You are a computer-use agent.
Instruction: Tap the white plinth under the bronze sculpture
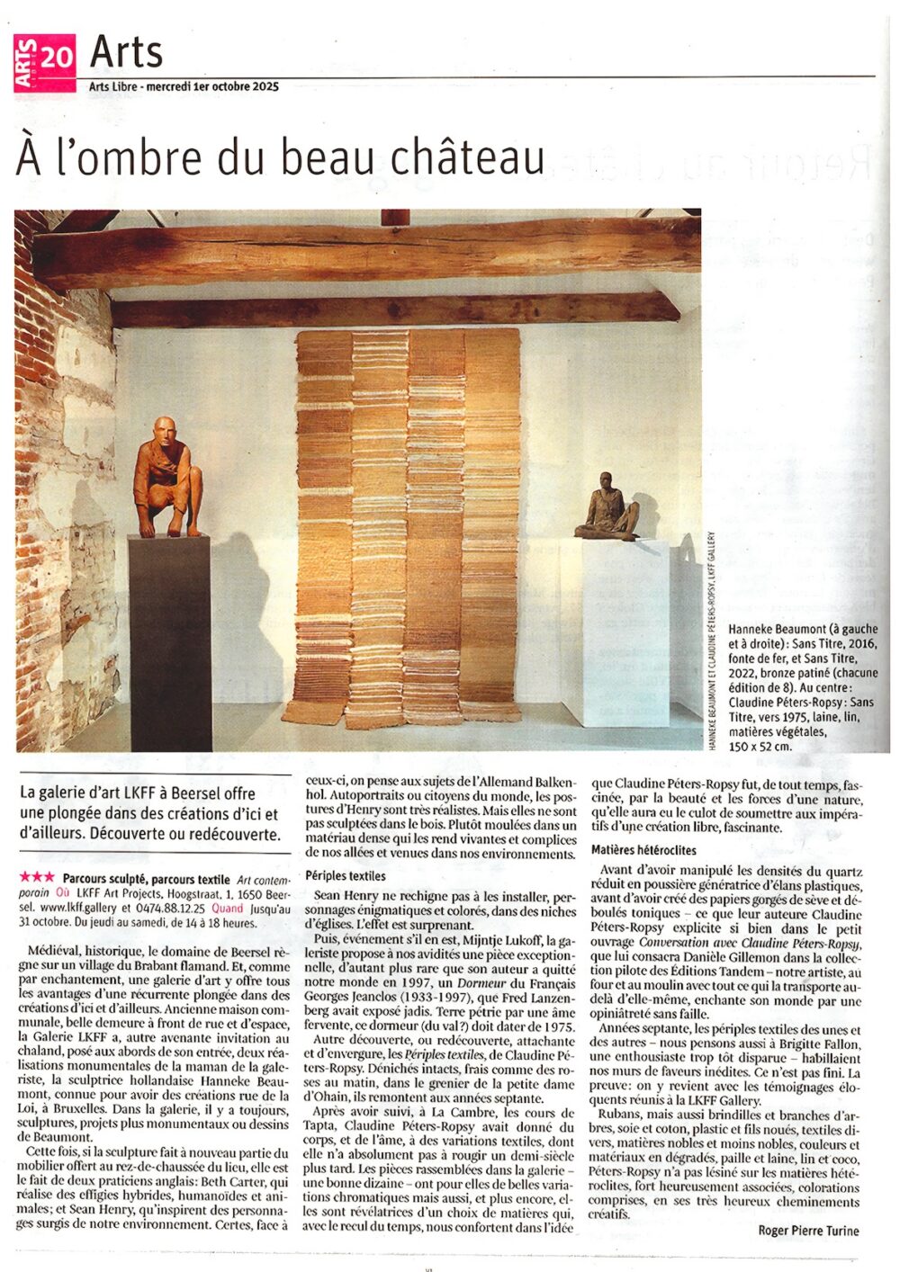point(626,630)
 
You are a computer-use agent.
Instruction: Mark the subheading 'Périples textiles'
point(346,875)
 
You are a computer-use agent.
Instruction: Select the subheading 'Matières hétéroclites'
point(643,849)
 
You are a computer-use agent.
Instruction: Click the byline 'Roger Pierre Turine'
point(808,1231)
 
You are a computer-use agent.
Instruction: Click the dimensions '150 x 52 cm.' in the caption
point(760,746)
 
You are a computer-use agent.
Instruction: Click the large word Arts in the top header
point(126,52)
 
